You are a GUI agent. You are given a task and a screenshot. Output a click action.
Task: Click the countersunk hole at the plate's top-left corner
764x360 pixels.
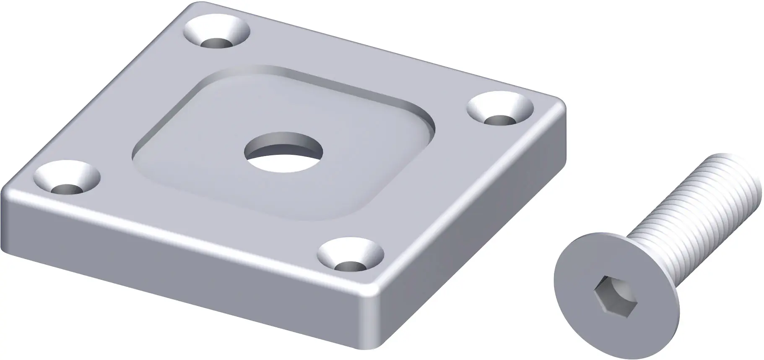pos(217,34)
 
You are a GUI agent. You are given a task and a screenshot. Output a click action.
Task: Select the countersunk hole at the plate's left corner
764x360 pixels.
pos(67,179)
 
